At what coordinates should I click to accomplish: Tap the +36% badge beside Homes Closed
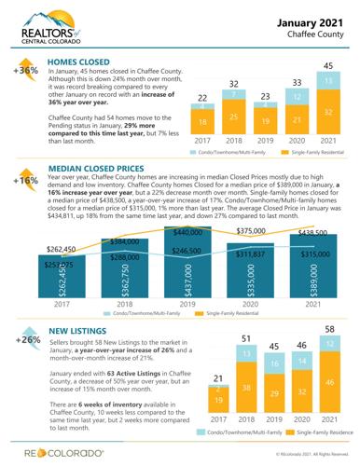22,70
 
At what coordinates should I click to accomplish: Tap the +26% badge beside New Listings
22,336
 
